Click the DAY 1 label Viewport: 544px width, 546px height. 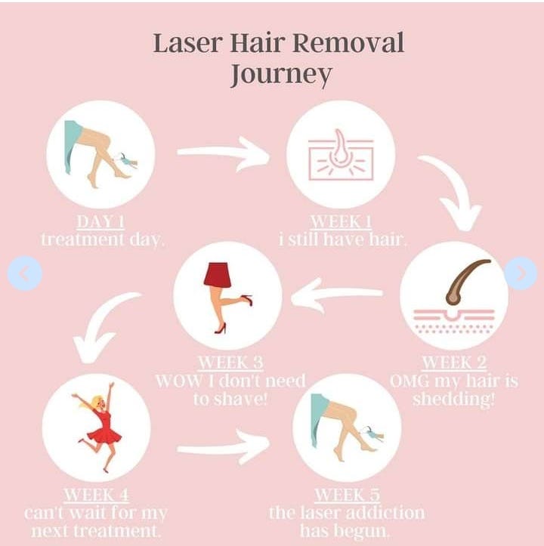pos(100,222)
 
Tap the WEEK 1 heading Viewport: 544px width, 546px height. pos(340,222)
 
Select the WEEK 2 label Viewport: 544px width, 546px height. pos(453,362)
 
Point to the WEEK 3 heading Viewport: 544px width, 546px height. pos(230,362)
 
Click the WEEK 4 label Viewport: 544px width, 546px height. pos(95,495)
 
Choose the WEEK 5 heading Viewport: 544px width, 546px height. pos(346,495)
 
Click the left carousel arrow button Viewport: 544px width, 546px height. pos(24,273)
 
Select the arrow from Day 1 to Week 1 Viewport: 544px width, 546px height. pos(224,154)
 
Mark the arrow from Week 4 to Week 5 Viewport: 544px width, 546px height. pos(224,449)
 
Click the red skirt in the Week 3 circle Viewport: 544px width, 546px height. pos(218,276)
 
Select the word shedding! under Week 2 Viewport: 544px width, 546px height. pos(453,399)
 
